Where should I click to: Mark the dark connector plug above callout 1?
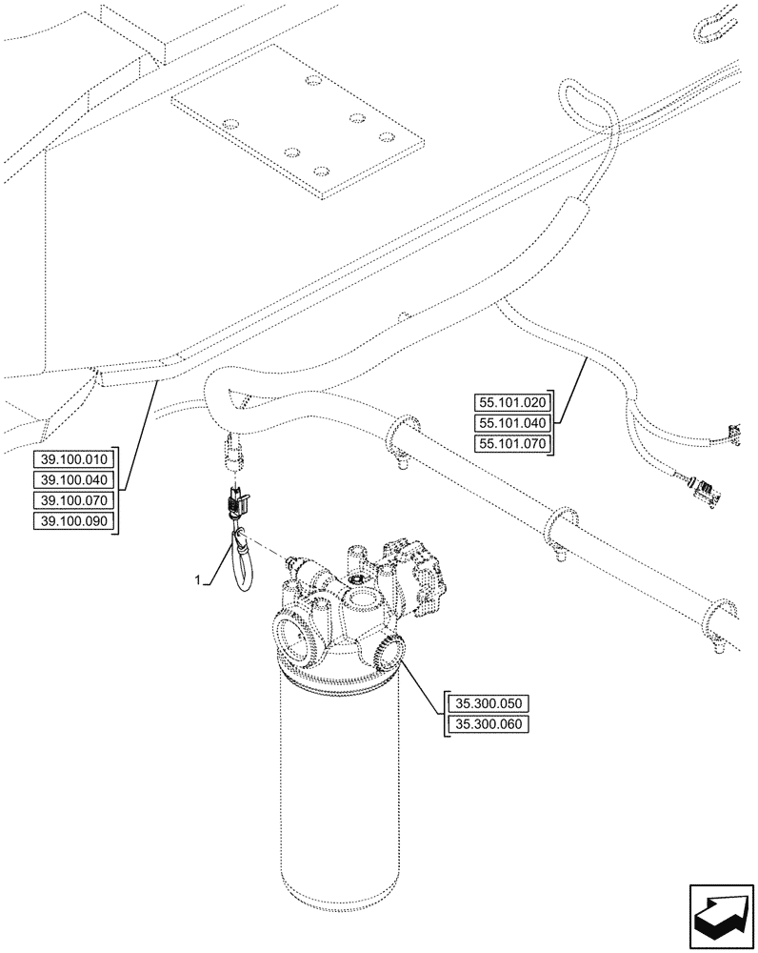[x=235, y=497]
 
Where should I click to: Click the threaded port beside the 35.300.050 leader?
[x=389, y=651]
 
